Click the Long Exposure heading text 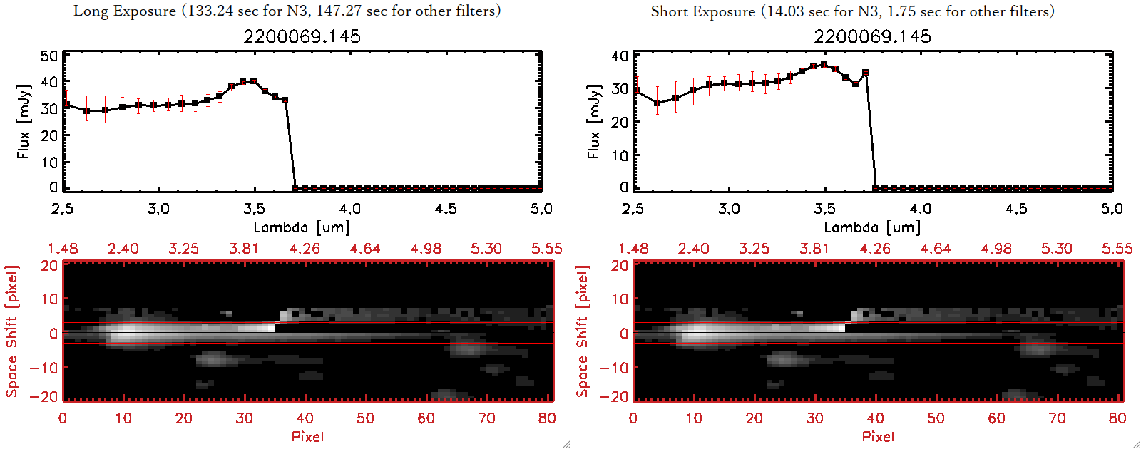click(287, 11)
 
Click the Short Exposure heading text click(852, 11)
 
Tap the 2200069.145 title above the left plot click(302, 36)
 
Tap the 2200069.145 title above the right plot click(872, 36)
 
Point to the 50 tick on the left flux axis click(49, 56)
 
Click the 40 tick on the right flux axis click(620, 56)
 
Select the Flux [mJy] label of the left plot click(24, 122)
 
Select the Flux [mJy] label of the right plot click(594, 122)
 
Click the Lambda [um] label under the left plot click(302, 227)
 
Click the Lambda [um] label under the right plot click(872, 227)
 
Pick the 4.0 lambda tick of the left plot click(349, 209)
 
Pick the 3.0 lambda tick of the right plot click(729, 209)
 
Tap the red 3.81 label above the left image click(244, 249)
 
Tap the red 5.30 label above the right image click(1056, 249)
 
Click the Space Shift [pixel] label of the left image click(11, 331)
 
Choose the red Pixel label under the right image click(878, 436)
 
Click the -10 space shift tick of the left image click(44, 367)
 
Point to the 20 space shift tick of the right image click(620, 266)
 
